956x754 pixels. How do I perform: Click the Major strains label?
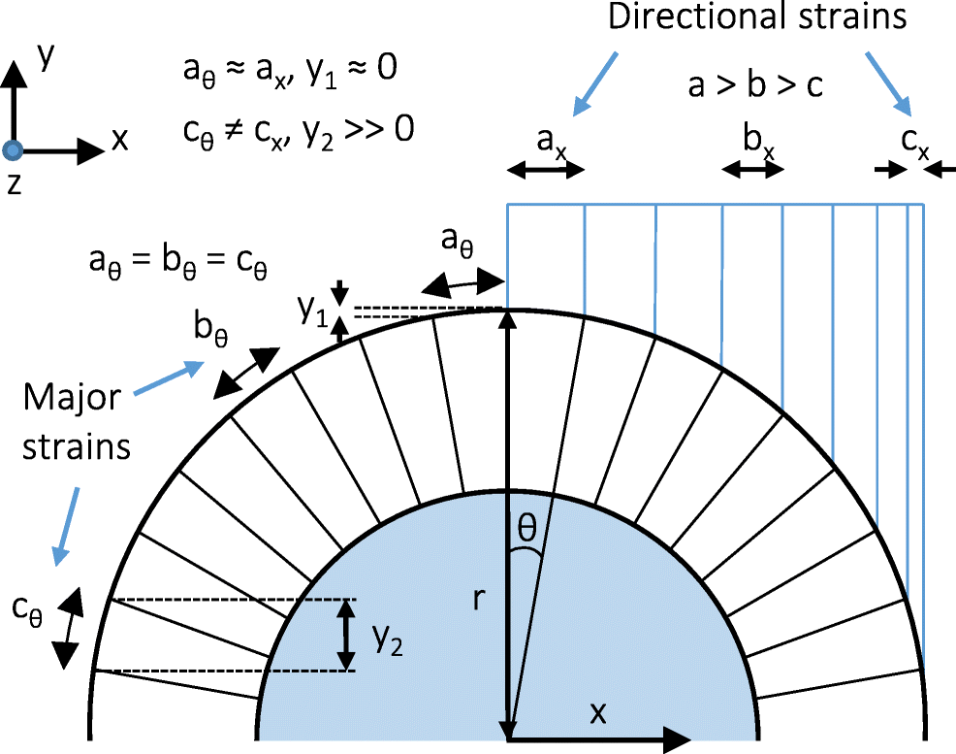75,423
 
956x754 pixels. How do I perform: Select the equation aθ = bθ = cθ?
176,264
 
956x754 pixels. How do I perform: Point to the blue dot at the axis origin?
13,150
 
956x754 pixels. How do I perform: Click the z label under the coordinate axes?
13,184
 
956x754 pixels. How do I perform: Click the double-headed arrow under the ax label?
546,170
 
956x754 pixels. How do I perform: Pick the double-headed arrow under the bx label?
752,170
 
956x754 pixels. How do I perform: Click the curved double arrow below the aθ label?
464,282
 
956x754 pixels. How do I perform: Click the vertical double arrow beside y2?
345,635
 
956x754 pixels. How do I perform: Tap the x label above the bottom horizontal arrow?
598,713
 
